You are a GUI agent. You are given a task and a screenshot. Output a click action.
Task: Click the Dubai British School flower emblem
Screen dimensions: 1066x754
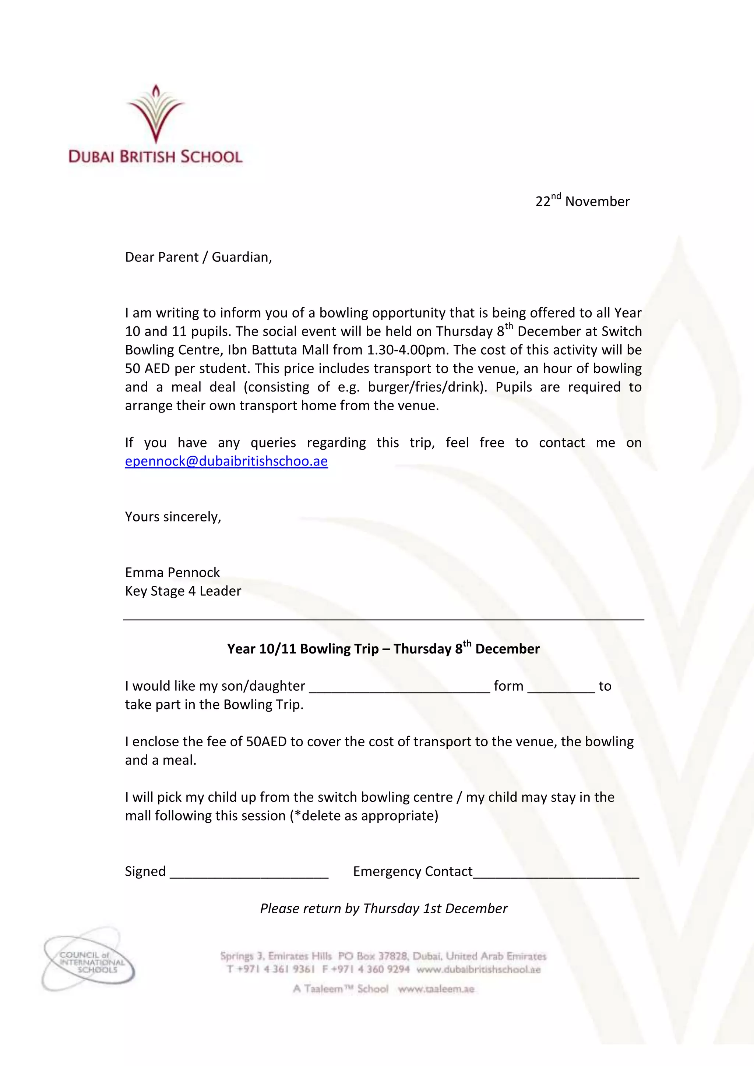156,114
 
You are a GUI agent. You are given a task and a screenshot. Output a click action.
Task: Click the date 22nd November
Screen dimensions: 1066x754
582,201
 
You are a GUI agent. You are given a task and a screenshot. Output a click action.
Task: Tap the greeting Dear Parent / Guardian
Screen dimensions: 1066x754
198,257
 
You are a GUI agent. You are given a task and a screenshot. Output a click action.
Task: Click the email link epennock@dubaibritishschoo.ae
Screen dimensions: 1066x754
226,461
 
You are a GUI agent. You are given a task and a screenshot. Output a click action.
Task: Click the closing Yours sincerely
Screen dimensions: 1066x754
173,517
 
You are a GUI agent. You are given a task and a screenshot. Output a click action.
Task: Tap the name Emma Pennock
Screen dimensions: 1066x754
172,573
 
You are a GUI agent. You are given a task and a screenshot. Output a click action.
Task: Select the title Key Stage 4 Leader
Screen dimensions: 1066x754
183,591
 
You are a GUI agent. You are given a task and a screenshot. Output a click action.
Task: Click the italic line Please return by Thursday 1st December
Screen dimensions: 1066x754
384,909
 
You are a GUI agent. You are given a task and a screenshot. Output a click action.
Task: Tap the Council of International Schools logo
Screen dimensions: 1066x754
88,959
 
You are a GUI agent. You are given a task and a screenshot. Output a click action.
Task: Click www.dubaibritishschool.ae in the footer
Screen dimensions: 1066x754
479,970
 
